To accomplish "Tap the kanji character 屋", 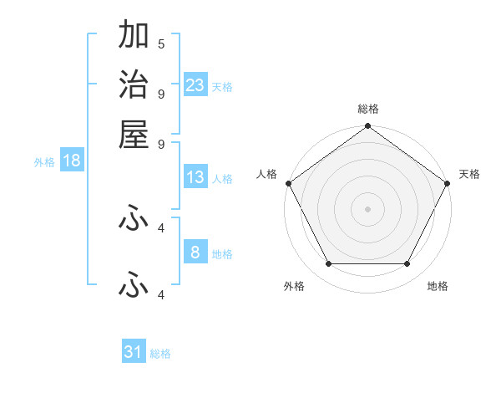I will point(134,135).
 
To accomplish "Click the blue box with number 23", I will point(195,84).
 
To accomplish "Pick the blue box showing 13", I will point(195,177).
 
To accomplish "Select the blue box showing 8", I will point(195,253).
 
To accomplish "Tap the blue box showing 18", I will point(72,161).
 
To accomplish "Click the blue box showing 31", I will point(134,352).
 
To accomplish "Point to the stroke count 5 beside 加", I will point(161,43).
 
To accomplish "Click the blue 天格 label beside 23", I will point(222,86).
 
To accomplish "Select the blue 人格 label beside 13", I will point(222,179).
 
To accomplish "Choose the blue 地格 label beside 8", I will point(222,254).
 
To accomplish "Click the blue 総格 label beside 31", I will point(160,354).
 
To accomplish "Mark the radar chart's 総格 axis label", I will point(368,109).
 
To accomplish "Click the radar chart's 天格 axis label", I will point(470,174).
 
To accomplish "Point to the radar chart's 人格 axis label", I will point(267,174).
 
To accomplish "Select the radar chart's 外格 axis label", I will point(294,287).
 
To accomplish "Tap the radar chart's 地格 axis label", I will point(438,287).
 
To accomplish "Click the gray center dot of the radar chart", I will point(368,208).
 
